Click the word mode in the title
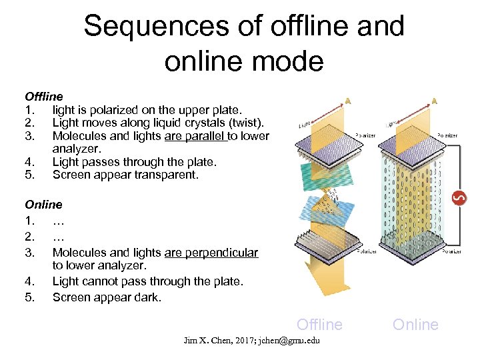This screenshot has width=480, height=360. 291,61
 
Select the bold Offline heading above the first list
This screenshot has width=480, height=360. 44,97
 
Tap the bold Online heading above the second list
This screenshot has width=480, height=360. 43,205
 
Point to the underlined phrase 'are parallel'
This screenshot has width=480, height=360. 195,136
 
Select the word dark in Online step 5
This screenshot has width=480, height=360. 147,297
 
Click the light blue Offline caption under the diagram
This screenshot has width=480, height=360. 319,325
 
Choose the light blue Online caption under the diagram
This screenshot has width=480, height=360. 415,325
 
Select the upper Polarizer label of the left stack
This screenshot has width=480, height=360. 365,135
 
